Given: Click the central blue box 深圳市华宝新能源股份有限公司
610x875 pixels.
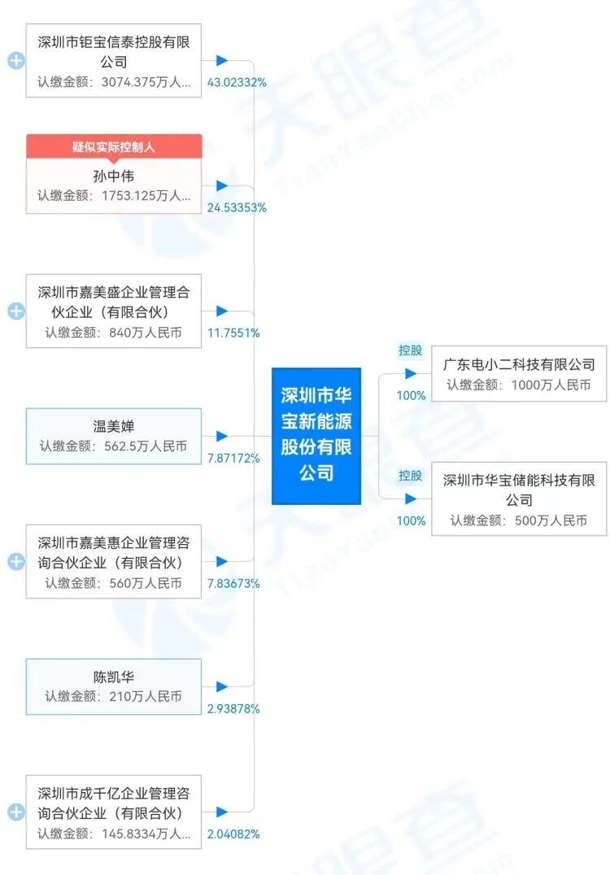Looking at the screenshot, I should click(x=316, y=436).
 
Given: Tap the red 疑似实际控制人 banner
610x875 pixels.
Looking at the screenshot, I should click(x=113, y=146).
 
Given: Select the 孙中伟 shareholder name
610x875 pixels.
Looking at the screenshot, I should click(x=113, y=175).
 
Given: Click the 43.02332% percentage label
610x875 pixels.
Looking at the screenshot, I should click(x=237, y=83).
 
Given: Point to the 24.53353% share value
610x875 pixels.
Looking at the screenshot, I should click(x=237, y=208).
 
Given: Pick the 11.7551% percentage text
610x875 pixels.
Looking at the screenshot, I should click(x=233, y=333).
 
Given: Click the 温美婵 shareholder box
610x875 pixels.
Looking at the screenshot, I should click(x=113, y=436).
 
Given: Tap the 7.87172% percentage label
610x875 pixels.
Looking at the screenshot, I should click(x=233, y=459).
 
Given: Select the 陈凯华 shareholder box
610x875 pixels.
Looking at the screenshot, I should click(x=113, y=686).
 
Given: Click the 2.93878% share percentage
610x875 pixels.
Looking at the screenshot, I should click(x=233, y=709).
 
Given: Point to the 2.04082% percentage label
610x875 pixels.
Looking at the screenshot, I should click(x=233, y=834).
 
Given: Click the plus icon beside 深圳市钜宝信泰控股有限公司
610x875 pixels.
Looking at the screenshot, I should click(x=15, y=61).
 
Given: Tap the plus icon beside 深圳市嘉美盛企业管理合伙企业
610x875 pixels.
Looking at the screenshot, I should click(x=15, y=311).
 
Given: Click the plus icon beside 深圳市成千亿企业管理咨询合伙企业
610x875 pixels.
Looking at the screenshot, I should click(x=15, y=812).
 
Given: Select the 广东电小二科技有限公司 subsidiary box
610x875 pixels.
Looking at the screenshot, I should click(x=519, y=374).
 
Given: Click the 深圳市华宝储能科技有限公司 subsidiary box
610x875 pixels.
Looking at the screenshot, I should click(x=519, y=499).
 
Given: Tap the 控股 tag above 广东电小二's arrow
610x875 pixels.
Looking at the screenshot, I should click(x=410, y=350).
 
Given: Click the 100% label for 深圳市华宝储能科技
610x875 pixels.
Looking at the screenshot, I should click(x=411, y=520).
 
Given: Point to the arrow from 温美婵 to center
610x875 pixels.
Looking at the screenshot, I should click(x=221, y=437).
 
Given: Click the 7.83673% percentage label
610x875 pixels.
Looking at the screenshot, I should click(x=233, y=584).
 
